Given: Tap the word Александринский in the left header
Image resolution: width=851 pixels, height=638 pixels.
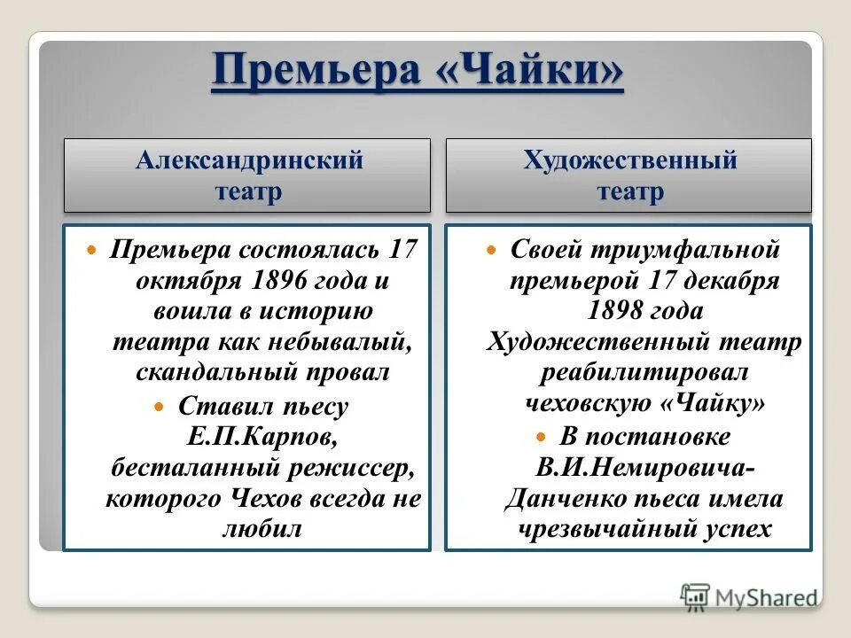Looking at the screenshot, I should (x=249, y=160).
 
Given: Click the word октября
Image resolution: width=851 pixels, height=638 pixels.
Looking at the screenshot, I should (x=177, y=281).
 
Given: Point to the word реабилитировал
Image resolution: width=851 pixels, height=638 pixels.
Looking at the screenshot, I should (x=644, y=371).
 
